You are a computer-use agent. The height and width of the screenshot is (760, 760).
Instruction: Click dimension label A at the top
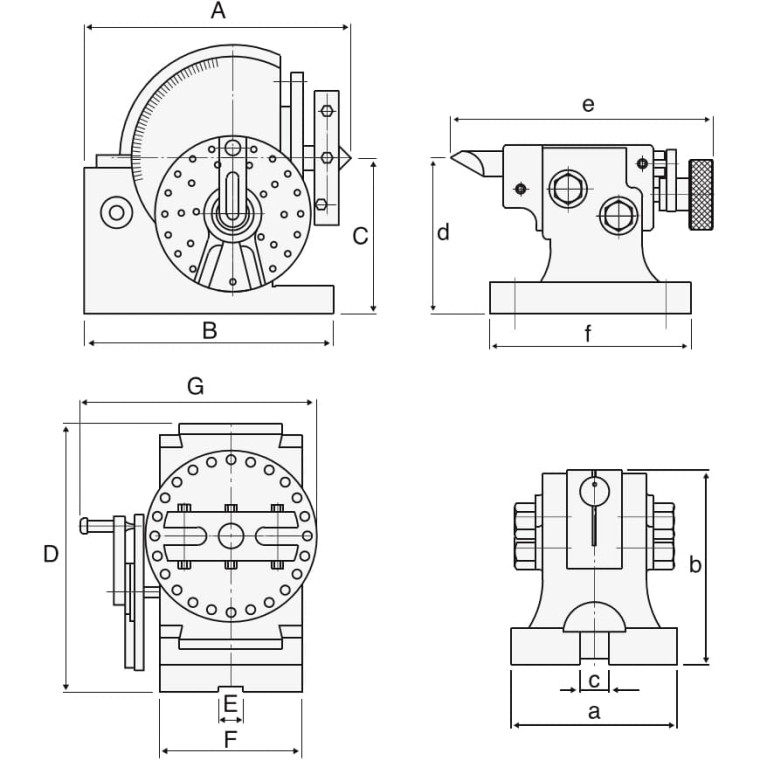point(218,12)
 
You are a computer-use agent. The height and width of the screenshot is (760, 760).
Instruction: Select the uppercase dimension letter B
point(209,330)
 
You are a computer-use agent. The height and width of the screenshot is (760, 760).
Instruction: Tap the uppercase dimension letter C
point(361,236)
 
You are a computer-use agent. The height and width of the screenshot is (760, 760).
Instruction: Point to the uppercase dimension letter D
point(51,554)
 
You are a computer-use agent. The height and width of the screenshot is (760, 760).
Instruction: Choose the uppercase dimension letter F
point(230,740)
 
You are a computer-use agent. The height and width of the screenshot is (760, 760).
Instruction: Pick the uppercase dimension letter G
point(196,386)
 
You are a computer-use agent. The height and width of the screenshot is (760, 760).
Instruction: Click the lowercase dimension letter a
point(594,712)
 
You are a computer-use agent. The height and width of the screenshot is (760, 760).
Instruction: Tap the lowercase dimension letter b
point(696,565)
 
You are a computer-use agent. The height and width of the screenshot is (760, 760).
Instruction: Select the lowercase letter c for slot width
point(594,681)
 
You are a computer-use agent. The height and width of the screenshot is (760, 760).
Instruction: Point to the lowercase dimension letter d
point(443,233)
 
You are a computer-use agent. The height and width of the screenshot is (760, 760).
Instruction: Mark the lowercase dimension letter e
point(588,104)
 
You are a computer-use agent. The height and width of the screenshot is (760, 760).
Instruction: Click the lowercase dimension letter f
point(589,334)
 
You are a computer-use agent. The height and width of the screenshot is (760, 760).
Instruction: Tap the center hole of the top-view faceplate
point(231,536)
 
